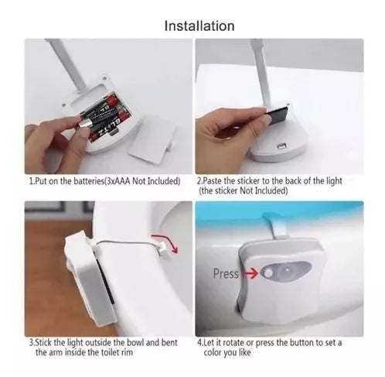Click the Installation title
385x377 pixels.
199,26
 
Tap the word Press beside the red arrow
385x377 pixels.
226,273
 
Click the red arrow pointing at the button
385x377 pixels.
251,273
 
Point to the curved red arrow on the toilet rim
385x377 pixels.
165,242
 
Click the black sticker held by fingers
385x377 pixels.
278,115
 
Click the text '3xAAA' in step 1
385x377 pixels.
118,181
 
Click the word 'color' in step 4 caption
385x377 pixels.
212,352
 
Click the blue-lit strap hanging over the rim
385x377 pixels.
278,225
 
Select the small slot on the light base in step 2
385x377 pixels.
282,146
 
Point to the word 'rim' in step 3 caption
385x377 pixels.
128,352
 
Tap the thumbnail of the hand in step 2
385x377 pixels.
265,120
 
